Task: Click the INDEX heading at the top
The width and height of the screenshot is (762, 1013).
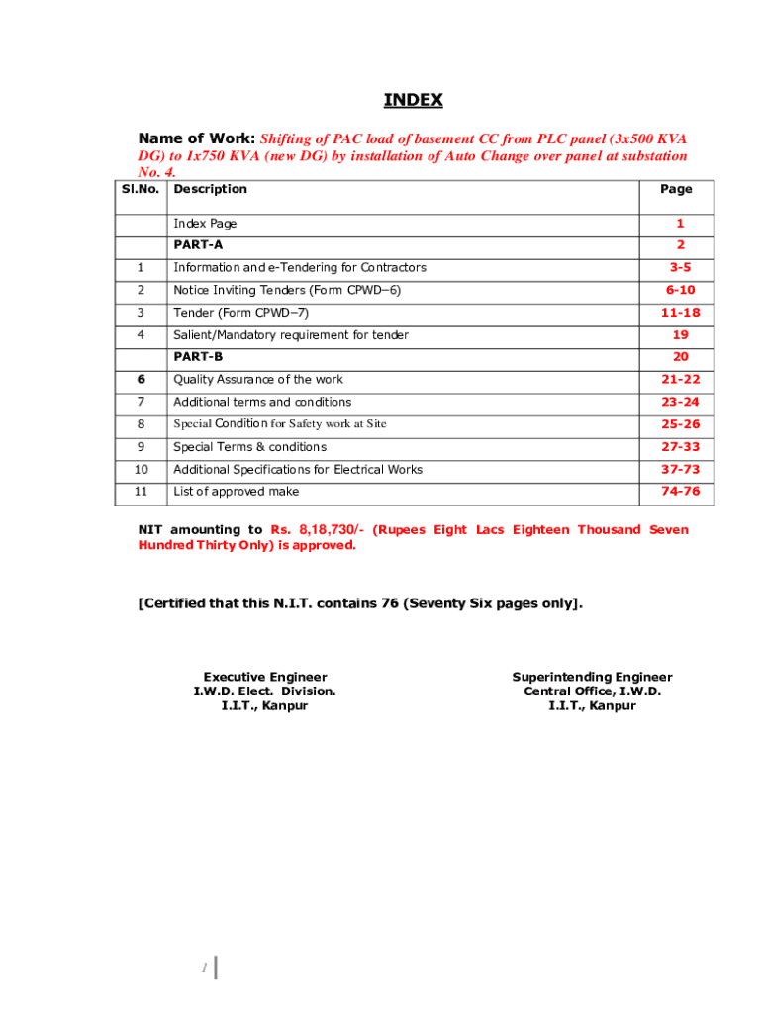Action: pos(414,100)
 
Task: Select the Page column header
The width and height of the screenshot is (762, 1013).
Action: pos(676,189)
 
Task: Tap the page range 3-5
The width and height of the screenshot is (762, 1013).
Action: pos(680,268)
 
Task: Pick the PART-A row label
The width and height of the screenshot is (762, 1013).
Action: pos(198,244)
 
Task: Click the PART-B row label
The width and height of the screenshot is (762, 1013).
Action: pos(198,357)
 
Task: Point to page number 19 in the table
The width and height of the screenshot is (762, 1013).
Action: pos(680,335)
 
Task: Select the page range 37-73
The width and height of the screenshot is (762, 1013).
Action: pos(680,470)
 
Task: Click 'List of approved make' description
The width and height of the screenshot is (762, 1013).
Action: pos(237,492)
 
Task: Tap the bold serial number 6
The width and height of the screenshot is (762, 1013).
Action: pos(142,380)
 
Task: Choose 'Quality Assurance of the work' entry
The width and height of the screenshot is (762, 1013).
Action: pos(258,380)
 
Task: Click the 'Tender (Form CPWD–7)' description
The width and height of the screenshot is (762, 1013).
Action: pos(234,313)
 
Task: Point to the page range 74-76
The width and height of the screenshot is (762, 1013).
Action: pos(680,492)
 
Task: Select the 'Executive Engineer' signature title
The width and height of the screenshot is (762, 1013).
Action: pos(264,678)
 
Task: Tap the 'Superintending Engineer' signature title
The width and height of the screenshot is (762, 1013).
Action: pos(592,678)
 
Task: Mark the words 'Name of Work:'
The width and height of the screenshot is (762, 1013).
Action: pos(197,138)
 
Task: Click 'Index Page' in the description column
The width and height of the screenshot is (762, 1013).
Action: pos(205,224)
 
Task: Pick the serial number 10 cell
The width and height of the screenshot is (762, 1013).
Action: pos(142,470)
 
